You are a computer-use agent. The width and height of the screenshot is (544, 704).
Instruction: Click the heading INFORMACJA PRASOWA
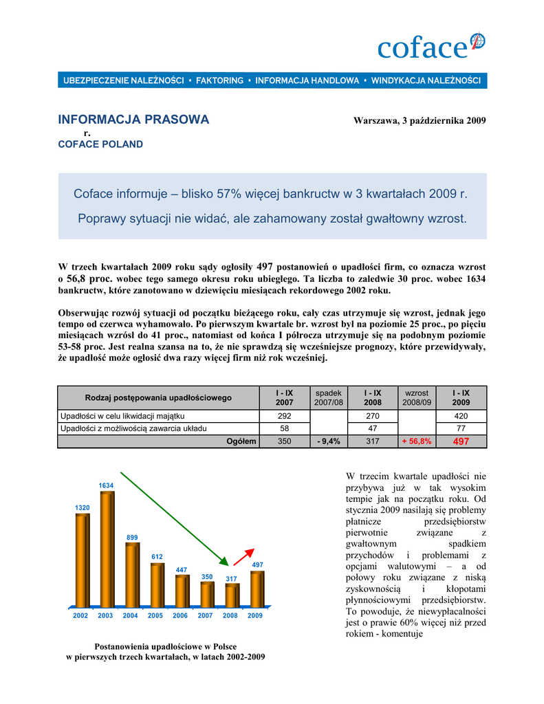[x=133, y=120]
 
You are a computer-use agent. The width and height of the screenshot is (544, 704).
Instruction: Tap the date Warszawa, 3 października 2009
[x=420, y=121]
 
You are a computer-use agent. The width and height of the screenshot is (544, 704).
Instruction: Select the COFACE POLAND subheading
[x=100, y=144]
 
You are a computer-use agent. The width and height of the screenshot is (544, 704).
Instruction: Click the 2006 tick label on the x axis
[x=180, y=616]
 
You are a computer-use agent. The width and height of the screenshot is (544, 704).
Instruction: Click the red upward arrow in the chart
[x=243, y=555]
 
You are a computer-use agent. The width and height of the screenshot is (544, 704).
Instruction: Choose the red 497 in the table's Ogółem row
[x=461, y=441]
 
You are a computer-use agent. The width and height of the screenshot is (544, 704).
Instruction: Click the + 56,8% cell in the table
[x=417, y=441]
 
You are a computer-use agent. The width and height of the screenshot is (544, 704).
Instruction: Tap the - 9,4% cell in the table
[x=329, y=441]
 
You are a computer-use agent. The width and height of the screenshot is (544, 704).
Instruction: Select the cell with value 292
[x=284, y=416]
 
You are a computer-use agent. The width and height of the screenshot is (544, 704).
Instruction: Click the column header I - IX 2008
[x=373, y=397]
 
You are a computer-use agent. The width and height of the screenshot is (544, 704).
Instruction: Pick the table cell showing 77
[x=461, y=428]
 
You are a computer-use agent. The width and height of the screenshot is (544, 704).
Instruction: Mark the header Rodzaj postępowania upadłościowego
[x=158, y=397]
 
